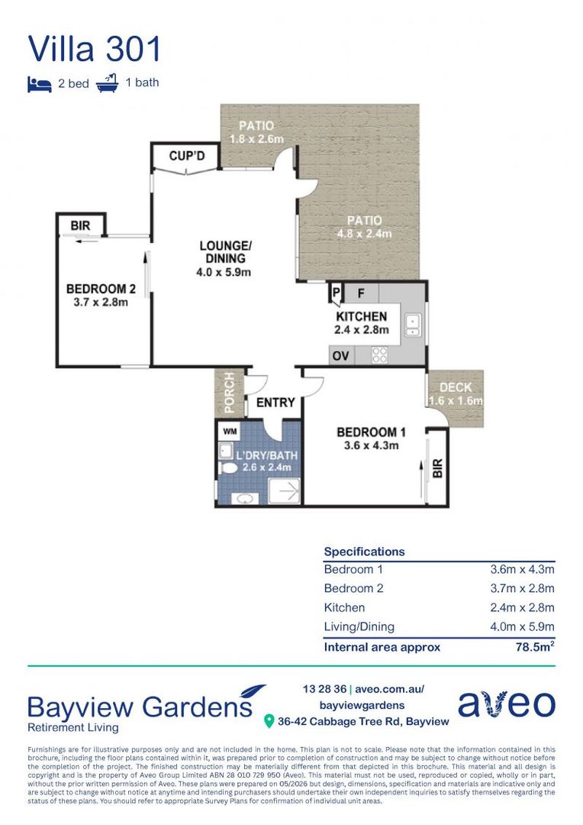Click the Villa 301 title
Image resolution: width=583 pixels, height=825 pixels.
(x=94, y=49)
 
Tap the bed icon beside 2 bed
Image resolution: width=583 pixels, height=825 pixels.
(x=40, y=84)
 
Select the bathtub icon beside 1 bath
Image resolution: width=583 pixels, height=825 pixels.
(x=108, y=83)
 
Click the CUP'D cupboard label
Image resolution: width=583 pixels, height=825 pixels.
(x=187, y=156)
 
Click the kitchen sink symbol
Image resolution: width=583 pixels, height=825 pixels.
(x=413, y=325)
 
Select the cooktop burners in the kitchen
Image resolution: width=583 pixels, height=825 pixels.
(x=379, y=355)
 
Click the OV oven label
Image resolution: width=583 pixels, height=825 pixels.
(x=340, y=356)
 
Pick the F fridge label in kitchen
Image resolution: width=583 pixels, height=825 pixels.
(x=361, y=293)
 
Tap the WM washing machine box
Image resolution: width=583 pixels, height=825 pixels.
(x=230, y=432)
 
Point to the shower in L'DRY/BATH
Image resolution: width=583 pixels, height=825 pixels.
(x=284, y=491)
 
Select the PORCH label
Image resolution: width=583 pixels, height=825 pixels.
(x=230, y=392)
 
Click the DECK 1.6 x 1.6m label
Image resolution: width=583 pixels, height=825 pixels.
(x=456, y=393)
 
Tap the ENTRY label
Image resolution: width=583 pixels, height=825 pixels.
(x=275, y=403)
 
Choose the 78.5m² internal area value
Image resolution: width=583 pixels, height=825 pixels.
(x=535, y=646)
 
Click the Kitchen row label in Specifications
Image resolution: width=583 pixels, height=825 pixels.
(x=344, y=608)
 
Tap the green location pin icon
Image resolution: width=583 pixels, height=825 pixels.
(x=269, y=721)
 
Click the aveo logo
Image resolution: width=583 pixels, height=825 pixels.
(x=506, y=704)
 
